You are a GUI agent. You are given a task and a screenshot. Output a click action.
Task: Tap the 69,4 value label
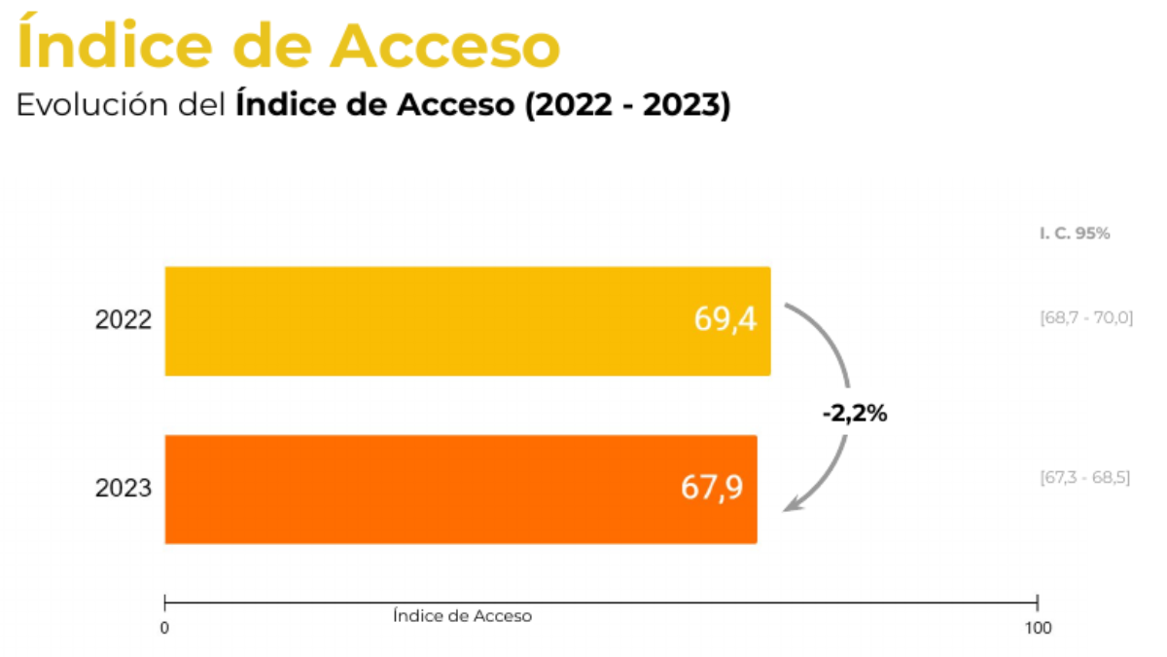coord(725,319)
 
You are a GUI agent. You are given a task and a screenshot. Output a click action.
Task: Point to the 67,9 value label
coord(712,488)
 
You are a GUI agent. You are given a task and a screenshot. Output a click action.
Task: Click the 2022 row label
coord(124,319)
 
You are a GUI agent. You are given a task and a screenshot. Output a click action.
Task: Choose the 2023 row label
coord(124,488)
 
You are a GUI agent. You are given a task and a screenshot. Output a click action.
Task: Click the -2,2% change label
coord(854,413)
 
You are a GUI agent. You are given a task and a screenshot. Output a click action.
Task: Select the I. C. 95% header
coord(1074,234)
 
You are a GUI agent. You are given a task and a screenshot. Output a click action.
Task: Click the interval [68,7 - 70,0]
coord(1086,317)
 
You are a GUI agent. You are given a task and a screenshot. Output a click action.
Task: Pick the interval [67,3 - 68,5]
coord(1085,478)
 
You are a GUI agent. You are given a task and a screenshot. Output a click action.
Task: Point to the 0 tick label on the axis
coord(164,629)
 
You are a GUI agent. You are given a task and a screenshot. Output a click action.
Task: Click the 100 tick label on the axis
coord(1038,629)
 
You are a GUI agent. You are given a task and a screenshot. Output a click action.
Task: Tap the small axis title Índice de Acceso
coord(463,616)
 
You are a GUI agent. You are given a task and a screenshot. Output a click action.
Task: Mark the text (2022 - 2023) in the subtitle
coord(627,105)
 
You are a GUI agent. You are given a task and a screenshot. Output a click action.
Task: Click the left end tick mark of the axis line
coord(165,602)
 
